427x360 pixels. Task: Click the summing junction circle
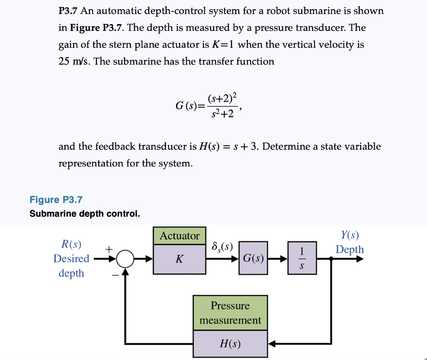pyautogui.click(x=124, y=259)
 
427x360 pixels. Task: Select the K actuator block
pyautogui.click(x=179, y=259)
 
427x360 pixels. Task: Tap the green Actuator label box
pyautogui.click(x=179, y=236)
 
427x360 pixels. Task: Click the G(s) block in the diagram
pyautogui.click(x=253, y=259)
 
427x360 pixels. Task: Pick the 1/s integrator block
pyautogui.click(x=302, y=259)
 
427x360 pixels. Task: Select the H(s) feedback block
pyautogui.click(x=230, y=344)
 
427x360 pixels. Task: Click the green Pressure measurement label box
pyautogui.click(x=230, y=313)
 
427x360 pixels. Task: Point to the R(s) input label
pyautogui.click(x=71, y=244)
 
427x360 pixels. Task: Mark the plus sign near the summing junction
pyautogui.click(x=108, y=249)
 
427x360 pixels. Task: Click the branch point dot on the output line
pyautogui.click(x=331, y=259)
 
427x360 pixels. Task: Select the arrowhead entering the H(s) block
pyautogui.click(x=271, y=344)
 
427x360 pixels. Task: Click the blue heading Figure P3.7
pyautogui.click(x=56, y=200)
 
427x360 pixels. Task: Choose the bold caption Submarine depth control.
pyautogui.click(x=85, y=214)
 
